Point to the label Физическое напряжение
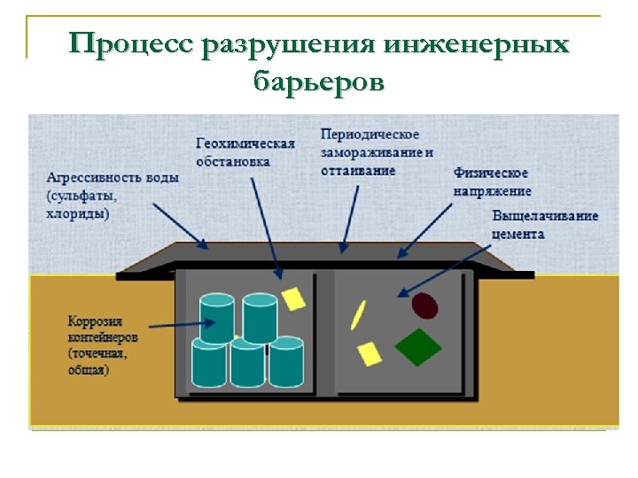pyautogui.click(x=492, y=181)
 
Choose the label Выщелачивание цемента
pyautogui.click(x=544, y=225)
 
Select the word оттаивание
pyautogui.click(x=360, y=170)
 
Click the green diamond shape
pyautogui.click(x=417, y=346)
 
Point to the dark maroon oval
pyautogui.click(x=425, y=305)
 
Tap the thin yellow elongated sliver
pyautogui.click(x=358, y=314)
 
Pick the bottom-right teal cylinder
pyautogui.click(x=286, y=362)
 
